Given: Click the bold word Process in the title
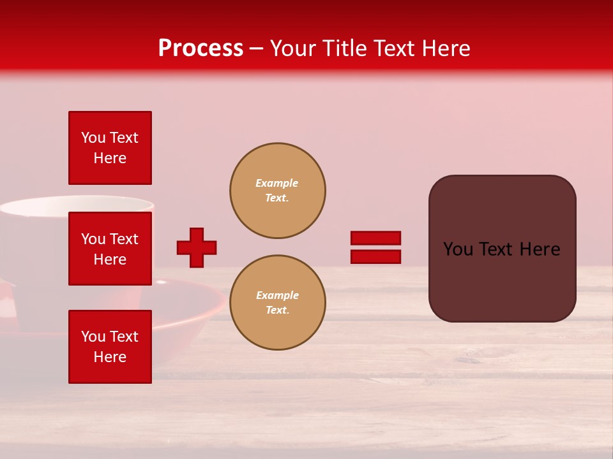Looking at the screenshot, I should (x=201, y=48).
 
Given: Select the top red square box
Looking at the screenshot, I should (x=110, y=148).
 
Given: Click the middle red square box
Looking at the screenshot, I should (x=110, y=249).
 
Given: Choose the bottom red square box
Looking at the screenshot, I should (x=110, y=347).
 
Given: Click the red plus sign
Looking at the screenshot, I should (x=197, y=247).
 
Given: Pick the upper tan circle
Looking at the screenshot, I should (x=277, y=191).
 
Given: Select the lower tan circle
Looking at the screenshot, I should (x=277, y=303).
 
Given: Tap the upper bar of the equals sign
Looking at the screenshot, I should (x=375, y=238).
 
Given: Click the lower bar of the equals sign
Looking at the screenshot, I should (x=375, y=257).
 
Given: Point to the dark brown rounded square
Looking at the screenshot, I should (x=502, y=249).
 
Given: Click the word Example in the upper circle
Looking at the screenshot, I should (x=276, y=183).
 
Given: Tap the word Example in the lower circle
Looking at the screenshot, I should (x=277, y=295).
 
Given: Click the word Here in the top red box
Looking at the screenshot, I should (x=110, y=158).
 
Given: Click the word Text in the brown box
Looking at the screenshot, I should (x=502, y=249).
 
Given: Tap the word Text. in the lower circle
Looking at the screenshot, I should (x=277, y=310).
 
